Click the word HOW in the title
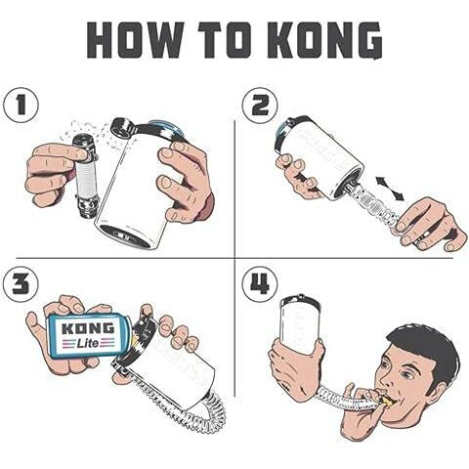coord(135,40)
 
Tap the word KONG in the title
coord(326,40)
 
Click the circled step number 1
coord(21,106)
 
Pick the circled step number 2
coord(260,106)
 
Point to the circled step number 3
coord(21,284)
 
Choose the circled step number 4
coord(260,284)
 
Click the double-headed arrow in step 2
coord(390,189)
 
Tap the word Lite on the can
coord(88,343)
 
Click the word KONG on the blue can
coord(88,328)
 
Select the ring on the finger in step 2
coord(422,235)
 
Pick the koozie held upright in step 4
coord(300,320)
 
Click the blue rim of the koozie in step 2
coord(280,137)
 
